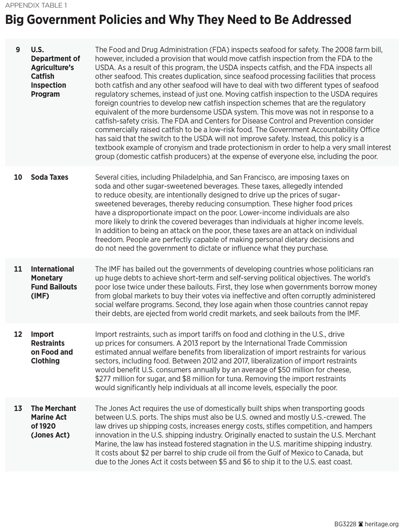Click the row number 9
tap(18, 50)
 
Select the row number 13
tap(18, 408)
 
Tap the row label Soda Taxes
tap(49, 178)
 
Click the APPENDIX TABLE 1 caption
tap(37, 6)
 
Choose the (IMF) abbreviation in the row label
tap(40, 296)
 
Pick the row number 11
tap(18, 269)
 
